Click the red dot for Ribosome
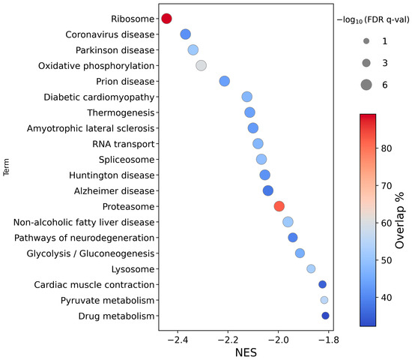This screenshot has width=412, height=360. point(167,18)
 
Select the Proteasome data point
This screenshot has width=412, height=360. point(279,206)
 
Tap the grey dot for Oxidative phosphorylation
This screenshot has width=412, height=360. point(201,65)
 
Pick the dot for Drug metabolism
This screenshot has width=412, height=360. point(325,316)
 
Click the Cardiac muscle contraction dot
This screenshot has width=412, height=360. point(322,284)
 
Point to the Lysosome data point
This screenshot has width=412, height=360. point(311,268)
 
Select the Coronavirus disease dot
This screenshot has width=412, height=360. point(186,34)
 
